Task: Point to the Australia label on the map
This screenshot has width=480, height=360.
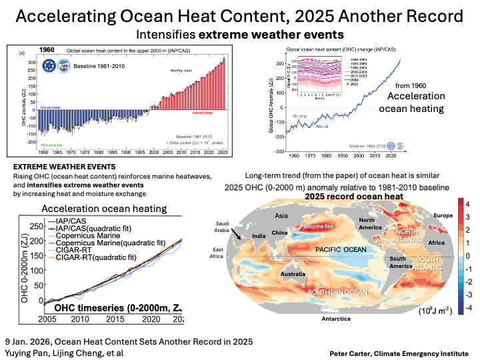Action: [293, 274]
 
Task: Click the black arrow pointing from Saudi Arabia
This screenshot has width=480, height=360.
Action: [238, 233]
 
